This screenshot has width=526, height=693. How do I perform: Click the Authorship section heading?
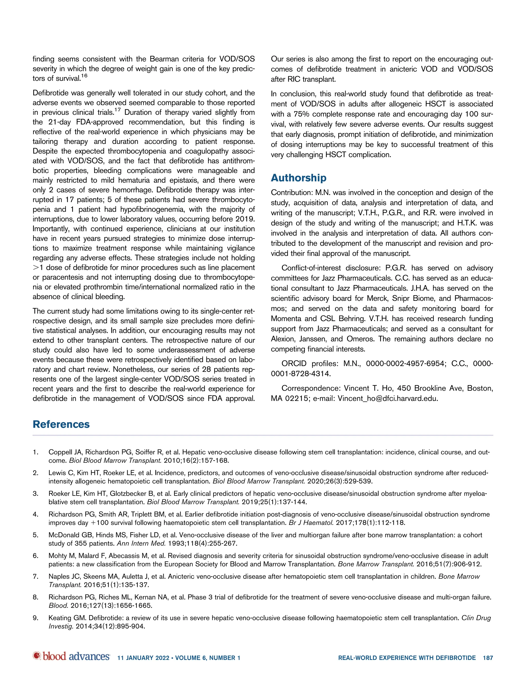coord(298,178)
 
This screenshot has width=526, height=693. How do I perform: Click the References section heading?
coord(61,424)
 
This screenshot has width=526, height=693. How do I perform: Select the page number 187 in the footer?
coord(488,658)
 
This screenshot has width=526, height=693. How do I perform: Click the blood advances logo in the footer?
coord(71,656)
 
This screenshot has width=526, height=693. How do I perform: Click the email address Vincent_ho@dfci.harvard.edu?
coord(388,399)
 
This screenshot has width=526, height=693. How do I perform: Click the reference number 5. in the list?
coord(35,535)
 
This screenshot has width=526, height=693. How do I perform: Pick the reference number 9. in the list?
coord(35,618)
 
